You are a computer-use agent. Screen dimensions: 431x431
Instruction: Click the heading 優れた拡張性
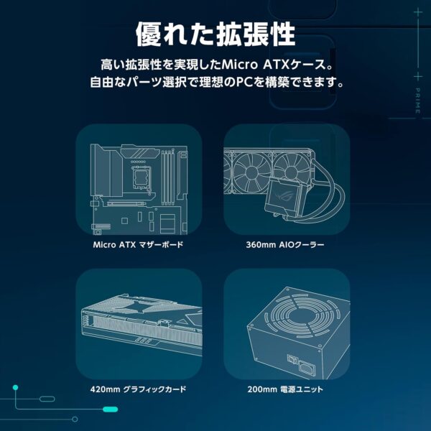(215, 34)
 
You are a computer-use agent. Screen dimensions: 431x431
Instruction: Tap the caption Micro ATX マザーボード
(138, 244)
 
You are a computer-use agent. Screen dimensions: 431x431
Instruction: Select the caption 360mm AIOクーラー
(285, 244)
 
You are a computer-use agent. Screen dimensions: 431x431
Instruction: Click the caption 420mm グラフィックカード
(138, 389)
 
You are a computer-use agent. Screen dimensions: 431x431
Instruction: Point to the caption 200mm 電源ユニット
(285, 389)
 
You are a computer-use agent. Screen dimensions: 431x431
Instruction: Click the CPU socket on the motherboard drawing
(142, 177)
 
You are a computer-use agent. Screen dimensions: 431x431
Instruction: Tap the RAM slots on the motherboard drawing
(167, 177)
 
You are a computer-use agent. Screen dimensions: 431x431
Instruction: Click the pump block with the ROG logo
(282, 198)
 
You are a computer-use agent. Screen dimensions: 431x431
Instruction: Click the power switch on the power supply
(292, 358)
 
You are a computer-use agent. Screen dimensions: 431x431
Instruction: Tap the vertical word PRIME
(417, 101)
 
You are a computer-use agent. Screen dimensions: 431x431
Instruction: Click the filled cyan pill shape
(110, 409)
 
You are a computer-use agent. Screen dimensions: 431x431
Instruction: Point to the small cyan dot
(15, 388)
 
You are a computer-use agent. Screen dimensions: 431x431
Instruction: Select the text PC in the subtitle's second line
(241, 82)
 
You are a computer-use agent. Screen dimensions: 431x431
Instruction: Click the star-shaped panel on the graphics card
(143, 306)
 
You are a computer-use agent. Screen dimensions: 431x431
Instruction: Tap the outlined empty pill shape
(47, 399)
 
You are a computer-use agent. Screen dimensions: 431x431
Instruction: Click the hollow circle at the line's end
(75, 420)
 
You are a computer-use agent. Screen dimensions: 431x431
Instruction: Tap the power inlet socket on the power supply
(307, 366)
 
